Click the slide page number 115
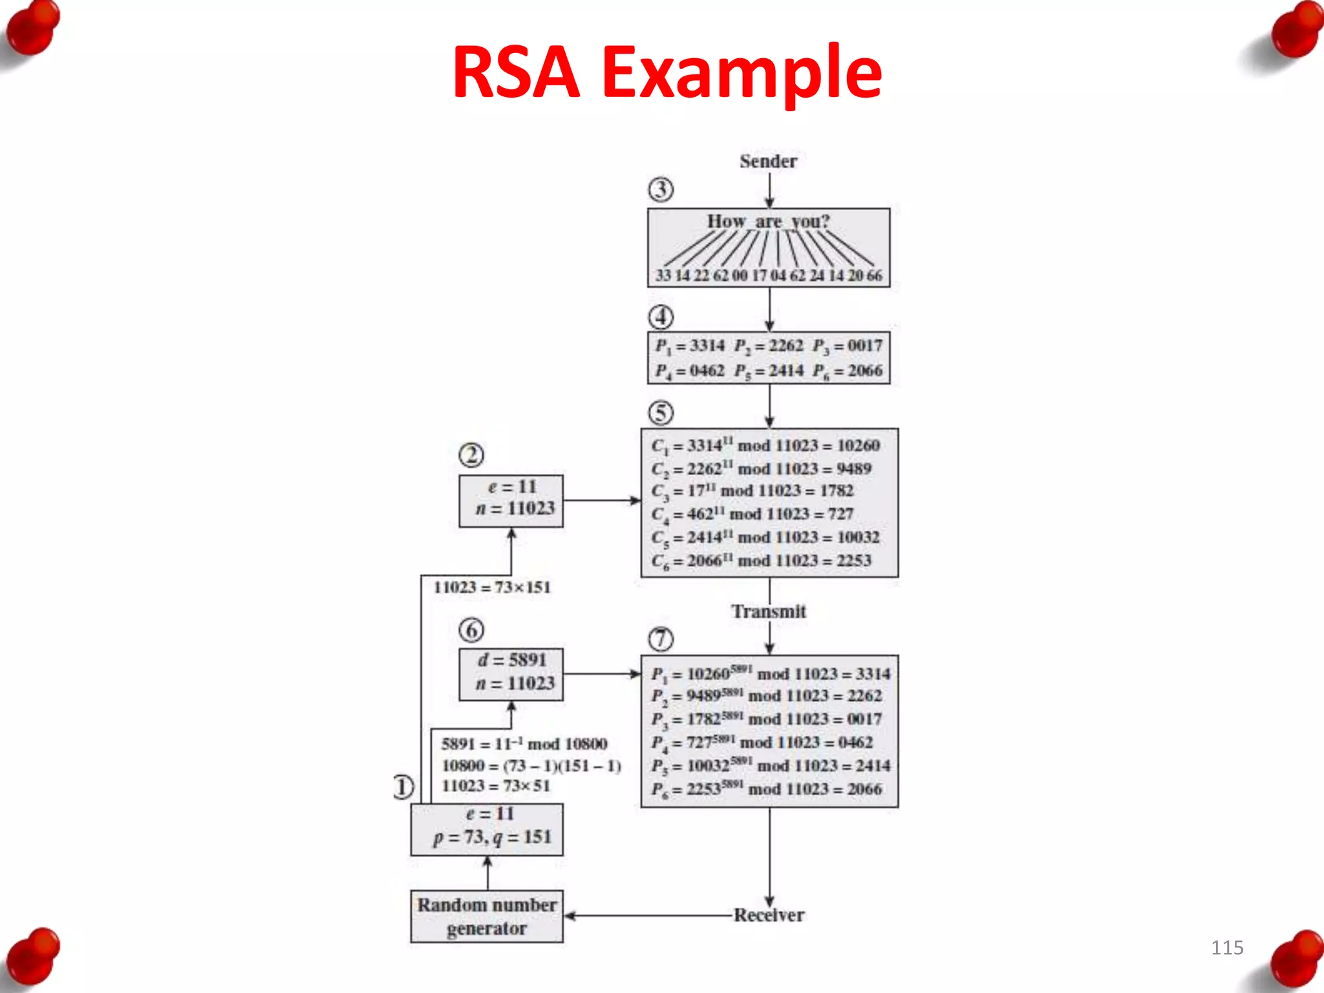(1226, 948)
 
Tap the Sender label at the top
(768, 161)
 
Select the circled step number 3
(661, 189)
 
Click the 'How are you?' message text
(768, 221)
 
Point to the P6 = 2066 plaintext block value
(848, 371)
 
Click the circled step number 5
(661, 412)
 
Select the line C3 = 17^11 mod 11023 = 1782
(753, 491)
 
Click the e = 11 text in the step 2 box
(512, 487)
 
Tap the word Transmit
(768, 612)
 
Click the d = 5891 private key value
(512, 660)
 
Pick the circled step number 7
(661, 639)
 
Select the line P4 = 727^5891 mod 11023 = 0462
(762, 743)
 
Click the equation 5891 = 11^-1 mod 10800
(524, 744)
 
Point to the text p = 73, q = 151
(492, 838)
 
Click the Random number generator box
(487, 916)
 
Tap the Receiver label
(769, 915)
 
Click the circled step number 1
(403, 787)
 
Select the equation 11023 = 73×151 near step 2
(492, 588)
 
